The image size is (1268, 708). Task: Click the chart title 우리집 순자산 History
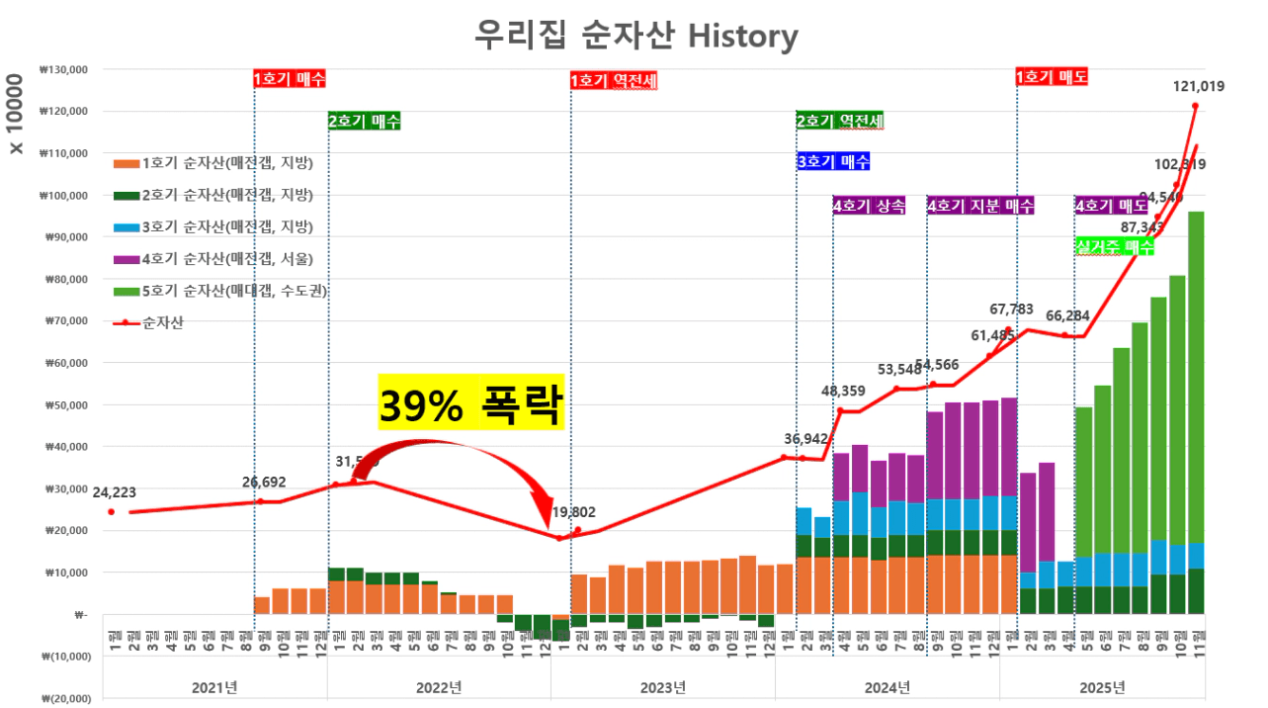click(635, 37)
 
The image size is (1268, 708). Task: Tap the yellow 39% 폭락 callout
click(470, 402)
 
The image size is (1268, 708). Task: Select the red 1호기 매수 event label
click(290, 78)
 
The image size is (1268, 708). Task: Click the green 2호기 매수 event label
click(364, 121)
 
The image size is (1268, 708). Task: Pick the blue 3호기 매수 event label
click(833, 161)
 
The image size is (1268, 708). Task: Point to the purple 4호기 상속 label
click(870, 206)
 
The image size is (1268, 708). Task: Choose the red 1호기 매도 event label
click(1053, 76)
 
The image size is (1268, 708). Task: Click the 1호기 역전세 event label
click(614, 80)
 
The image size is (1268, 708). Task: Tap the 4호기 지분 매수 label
click(980, 206)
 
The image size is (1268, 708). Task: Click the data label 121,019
click(1199, 86)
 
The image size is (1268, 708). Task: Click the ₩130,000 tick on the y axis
click(64, 70)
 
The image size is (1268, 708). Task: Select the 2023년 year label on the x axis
click(662, 686)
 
